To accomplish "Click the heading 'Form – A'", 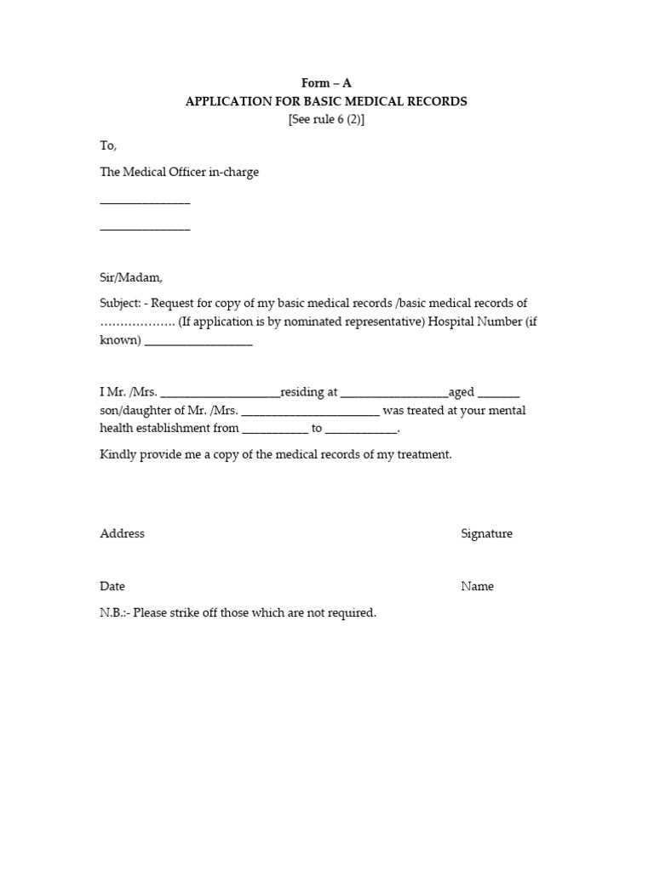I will [x=326, y=83].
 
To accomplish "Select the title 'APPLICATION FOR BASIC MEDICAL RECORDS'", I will [x=326, y=101].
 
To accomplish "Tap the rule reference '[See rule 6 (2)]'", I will [x=326, y=119].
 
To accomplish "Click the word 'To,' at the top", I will [x=108, y=146].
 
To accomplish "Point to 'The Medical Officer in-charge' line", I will [x=179, y=172].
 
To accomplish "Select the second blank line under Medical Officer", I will [x=145, y=230].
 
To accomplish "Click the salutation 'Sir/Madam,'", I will [x=130, y=277].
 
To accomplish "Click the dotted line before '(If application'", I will [x=137, y=322].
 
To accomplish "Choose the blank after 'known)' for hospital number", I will [x=198, y=344].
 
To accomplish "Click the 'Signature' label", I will [x=486, y=533].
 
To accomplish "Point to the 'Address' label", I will [x=122, y=533].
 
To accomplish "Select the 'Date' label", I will [x=112, y=586].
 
